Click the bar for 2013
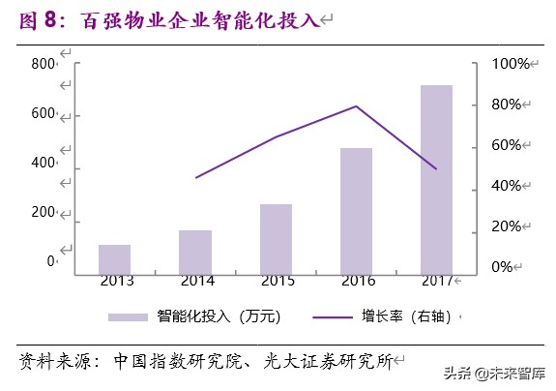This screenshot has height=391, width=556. click(x=114, y=259)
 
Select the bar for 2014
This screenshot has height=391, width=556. click(x=195, y=252)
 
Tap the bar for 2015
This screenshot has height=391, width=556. click(x=276, y=239)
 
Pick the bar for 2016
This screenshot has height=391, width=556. click(x=356, y=211)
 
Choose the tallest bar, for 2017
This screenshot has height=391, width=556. click(x=436, y=179)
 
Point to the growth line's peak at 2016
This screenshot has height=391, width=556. click(x=357, y=105)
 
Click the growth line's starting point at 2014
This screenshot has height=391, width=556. click(x=196, y=178)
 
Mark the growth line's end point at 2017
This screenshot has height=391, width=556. click(x=436, y=168)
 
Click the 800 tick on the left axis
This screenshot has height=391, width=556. click(x=44, y=64)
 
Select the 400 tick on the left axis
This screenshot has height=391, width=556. click(x=44, y=163)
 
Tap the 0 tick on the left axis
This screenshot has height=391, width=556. click(x=50, y=261)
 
